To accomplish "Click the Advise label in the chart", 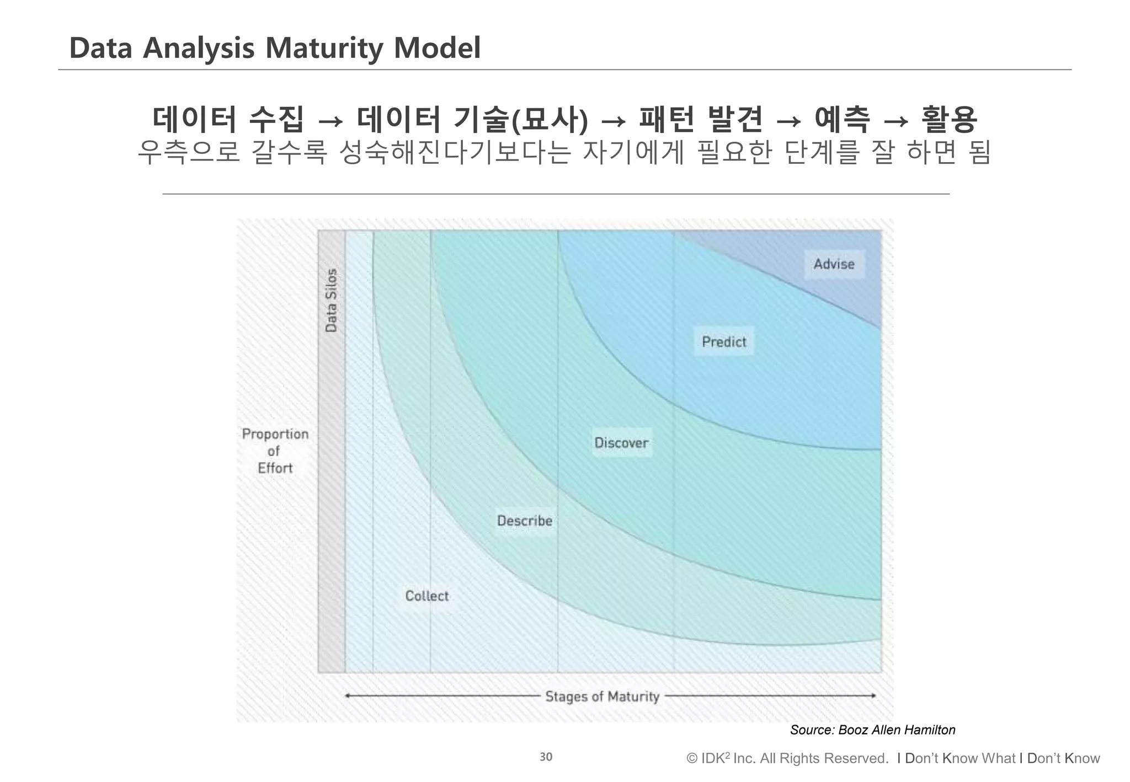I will pos(834,264).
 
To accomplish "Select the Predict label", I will pos(724,342).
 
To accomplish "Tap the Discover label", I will pos(621,443).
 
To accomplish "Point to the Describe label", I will pos(524,521).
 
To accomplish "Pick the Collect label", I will pos(427,596).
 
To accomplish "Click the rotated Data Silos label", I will pos(331,301).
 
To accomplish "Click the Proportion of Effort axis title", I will pos(275,451).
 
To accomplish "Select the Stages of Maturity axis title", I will pos(602,697).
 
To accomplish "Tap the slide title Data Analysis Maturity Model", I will pos(275,48).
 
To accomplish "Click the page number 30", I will pos(546,757).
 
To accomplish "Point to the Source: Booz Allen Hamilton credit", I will pos(872,730).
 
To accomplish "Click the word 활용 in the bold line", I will pos(950,119).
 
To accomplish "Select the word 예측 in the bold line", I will pos(843,119).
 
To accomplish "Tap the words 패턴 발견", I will pos(701,119).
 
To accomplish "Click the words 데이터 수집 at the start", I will pos(228,119).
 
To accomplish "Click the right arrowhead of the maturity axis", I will pos(873,696).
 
